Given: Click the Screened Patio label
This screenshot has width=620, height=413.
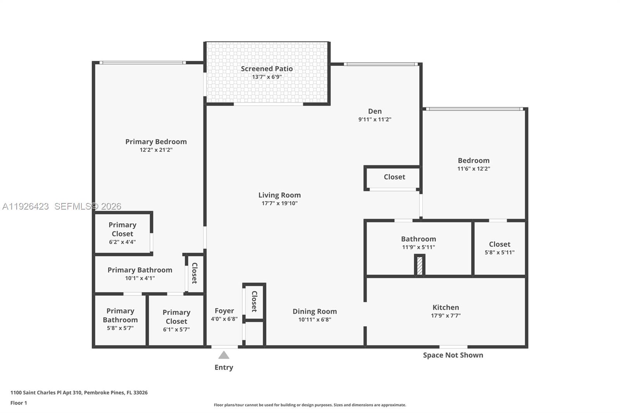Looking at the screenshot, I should tap(267, 69).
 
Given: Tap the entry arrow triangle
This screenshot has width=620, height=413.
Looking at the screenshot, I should tap(224, 355).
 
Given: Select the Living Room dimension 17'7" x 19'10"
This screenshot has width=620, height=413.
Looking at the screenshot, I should tap(279, 203).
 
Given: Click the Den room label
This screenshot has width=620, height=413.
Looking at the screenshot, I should tap(375, 111).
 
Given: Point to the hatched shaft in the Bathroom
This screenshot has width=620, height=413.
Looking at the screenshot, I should tap(419, 266).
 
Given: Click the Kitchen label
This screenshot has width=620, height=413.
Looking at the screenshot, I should tap(446, 307).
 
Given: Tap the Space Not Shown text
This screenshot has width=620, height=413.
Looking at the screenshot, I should tap(453, 355).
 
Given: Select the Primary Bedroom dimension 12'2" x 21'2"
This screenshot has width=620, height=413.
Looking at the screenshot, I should tap(156, 150).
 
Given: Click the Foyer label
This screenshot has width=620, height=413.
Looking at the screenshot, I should tap(224, 311).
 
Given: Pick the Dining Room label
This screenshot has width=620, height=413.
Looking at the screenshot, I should tap(314, 311).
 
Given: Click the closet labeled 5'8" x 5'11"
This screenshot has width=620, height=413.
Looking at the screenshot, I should tap(499, 248).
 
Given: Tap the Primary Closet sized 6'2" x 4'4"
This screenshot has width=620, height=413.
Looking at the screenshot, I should tap(122, 233).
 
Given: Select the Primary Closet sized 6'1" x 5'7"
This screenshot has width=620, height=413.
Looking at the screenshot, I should tap(176, 320).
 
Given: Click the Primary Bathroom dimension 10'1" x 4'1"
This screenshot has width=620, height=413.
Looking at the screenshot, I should tap(140, 278).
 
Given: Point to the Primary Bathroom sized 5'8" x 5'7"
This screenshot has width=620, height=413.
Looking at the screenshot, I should tap(120, 319).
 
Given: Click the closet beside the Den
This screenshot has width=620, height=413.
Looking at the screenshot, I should tap(394, 177).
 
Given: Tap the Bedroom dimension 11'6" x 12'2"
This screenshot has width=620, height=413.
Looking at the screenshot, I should tap(474, 169).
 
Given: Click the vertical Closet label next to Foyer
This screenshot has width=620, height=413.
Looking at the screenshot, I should tap(254, 301).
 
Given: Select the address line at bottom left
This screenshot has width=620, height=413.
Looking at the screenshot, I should tap(79, 392).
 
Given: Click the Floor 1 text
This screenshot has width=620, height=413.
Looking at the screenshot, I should tap(19, 403).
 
